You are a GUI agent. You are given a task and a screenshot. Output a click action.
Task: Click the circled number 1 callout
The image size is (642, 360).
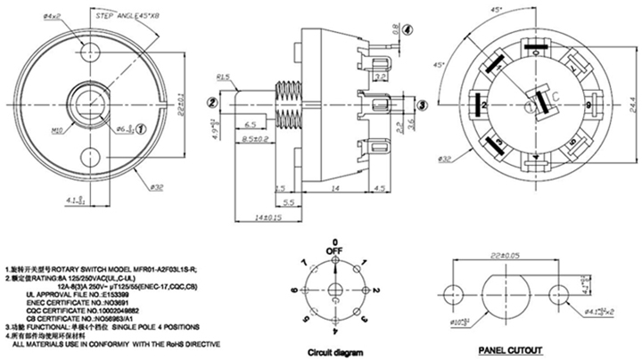coord(141,129)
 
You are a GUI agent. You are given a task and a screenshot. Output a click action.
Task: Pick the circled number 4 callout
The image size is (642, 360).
coord(407,29)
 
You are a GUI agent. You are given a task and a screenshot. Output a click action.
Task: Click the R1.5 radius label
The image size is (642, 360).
coord(224,78)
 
